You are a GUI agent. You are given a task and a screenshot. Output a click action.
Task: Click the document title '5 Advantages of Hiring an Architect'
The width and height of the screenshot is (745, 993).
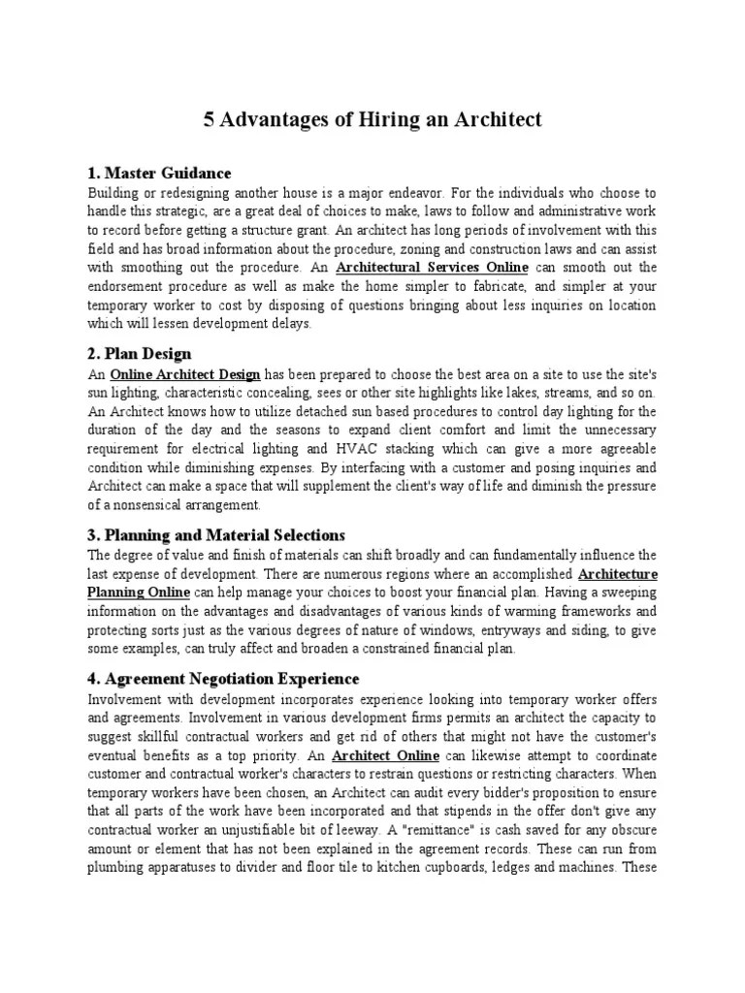[x=372, y=120]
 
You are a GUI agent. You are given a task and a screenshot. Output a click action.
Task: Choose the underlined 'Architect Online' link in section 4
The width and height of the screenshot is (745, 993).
[x=386, y=754]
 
